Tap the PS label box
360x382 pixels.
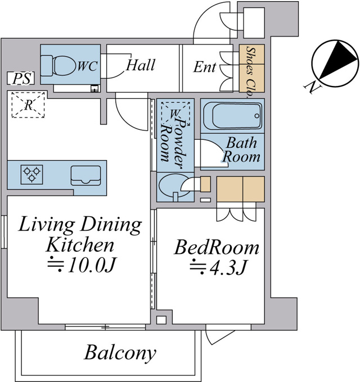[20, 79]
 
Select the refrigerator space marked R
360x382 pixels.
[28, 105]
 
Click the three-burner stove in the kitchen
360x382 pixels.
[31, 175]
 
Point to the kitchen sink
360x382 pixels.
[85, 175]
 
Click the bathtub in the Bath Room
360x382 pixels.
[232, 116]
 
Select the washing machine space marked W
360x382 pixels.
[175, 113]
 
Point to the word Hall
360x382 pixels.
[141, 65]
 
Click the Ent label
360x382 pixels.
[205, 67]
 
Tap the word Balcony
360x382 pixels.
[120, 353]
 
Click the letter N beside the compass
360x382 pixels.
[312, 87]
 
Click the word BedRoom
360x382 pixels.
[217, 248]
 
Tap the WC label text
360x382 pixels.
[88, 66]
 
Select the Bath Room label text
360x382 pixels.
[241, 150]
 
